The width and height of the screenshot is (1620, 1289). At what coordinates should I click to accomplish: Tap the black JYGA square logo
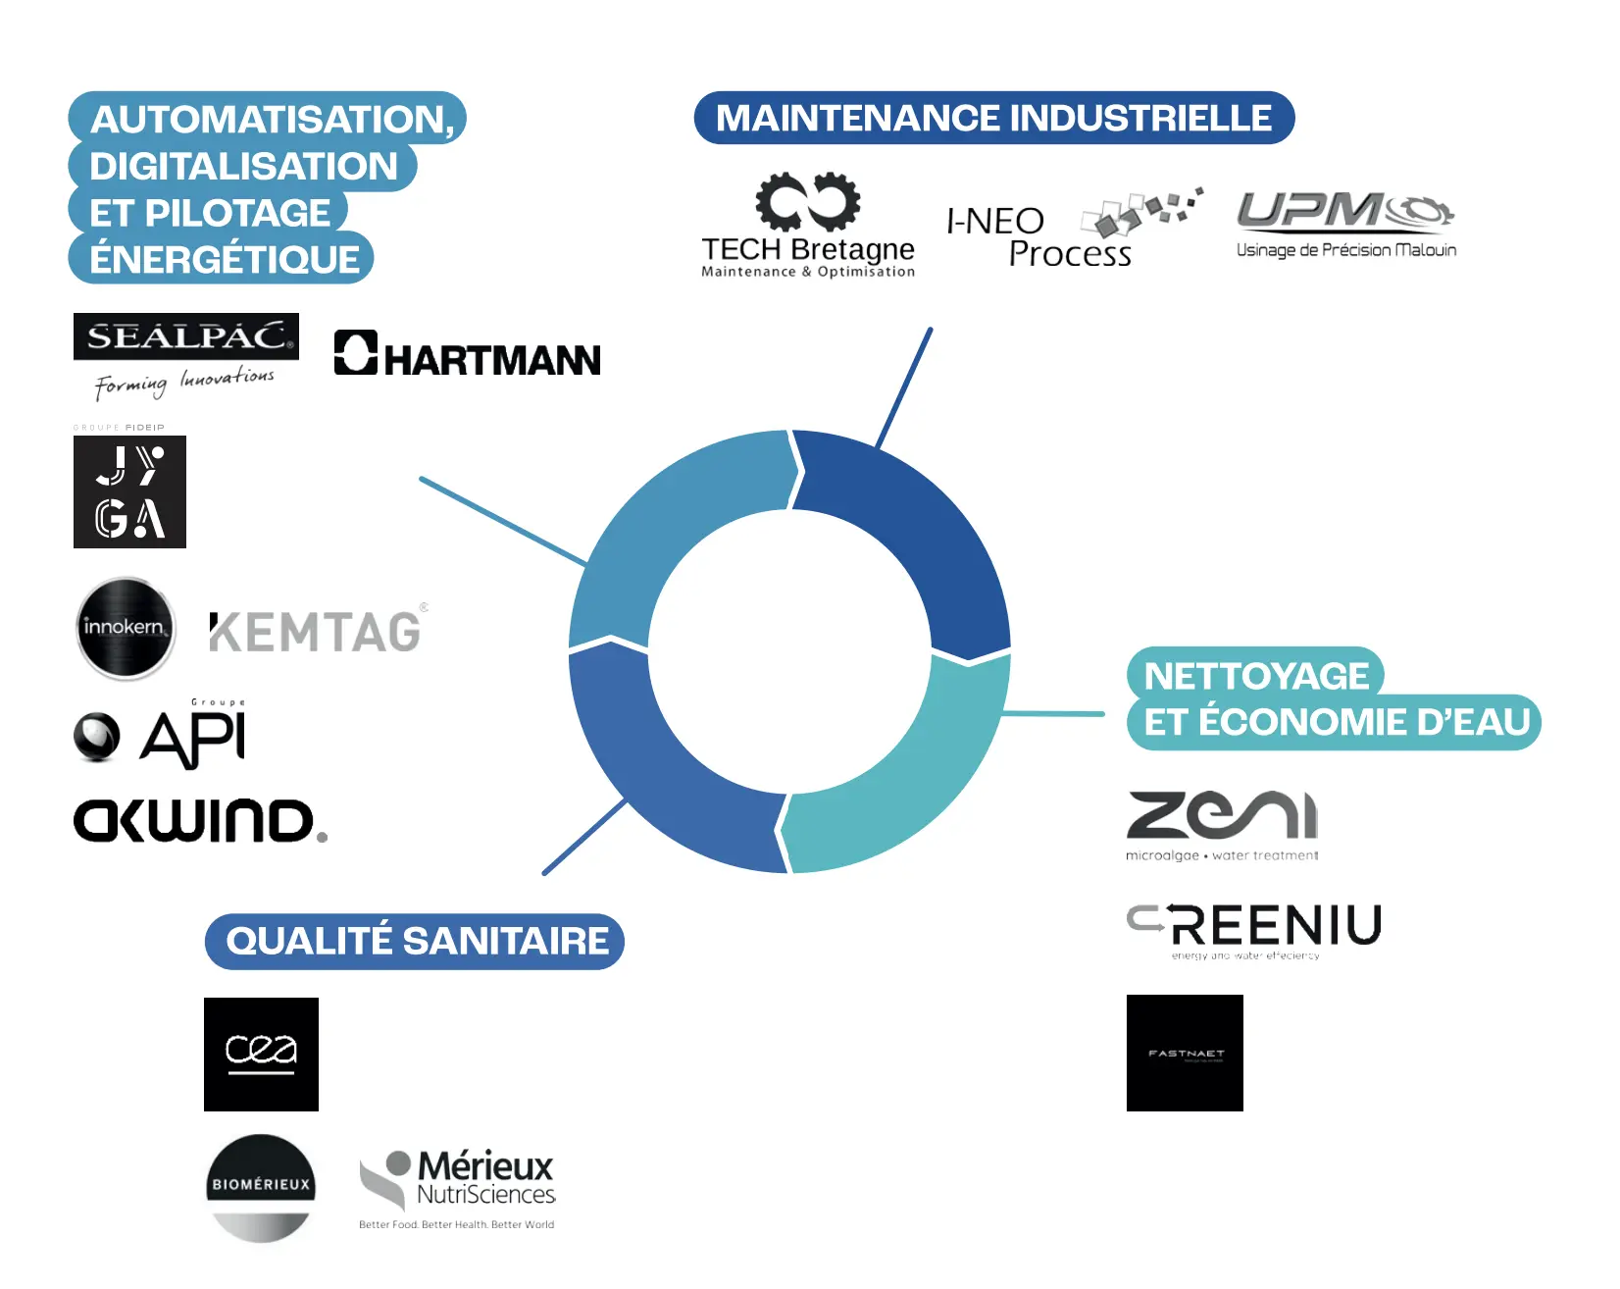[129, 491]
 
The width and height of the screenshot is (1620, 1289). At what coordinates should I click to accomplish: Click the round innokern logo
[126, 628]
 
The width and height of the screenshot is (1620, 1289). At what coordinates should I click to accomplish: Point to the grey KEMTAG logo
[316, 631]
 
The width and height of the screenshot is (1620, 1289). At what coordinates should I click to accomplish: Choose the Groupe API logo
[160, 736]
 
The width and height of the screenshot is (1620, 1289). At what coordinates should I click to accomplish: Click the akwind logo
[200, 820]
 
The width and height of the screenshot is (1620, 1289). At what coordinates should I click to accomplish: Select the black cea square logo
[261, 1054]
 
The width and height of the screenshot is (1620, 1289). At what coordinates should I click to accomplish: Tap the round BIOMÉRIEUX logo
[261, 1187]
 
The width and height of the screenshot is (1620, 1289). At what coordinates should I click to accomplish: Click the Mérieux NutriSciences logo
[458, 1187]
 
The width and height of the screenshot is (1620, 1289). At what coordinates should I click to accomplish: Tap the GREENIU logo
[1254, 930]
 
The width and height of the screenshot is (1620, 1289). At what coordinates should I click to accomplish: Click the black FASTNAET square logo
[1185, 1053]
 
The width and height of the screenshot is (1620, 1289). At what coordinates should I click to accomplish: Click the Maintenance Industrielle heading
[993, 118]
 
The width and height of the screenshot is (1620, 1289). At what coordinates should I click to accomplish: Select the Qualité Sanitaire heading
[415, 942]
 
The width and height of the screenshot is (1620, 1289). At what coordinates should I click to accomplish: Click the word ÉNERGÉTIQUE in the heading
[225, 259]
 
